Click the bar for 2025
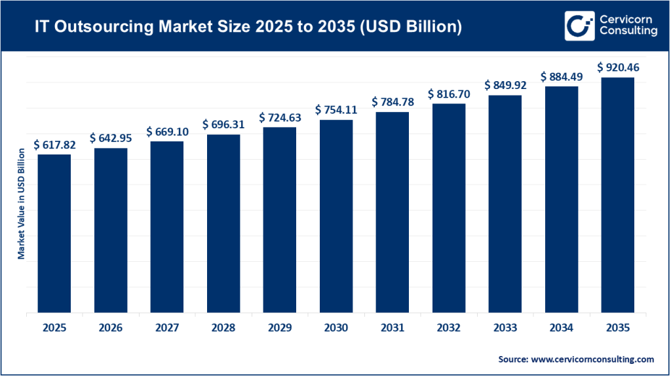click(x=54, y=234)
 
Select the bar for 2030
click(x=335, y=217)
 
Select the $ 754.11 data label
click(x=335, y=110)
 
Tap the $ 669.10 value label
click(x=167, y=132)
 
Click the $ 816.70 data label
click(x=448, y=94)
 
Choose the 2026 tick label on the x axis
click(x=111, y=329)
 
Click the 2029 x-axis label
click(x=279, y=329)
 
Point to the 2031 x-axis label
click(x=392, y=329)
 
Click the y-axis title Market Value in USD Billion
click(x=21, y=204)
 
